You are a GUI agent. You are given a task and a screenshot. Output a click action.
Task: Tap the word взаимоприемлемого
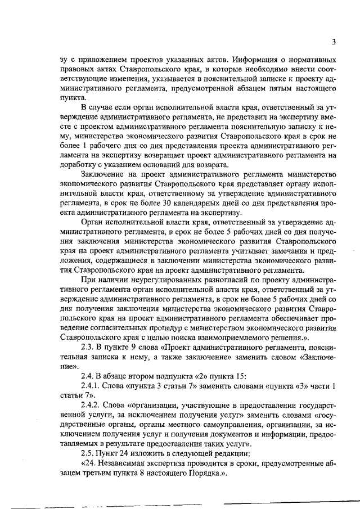pos(236,337)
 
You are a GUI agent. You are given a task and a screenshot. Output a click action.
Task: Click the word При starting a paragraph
pos(89,280)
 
